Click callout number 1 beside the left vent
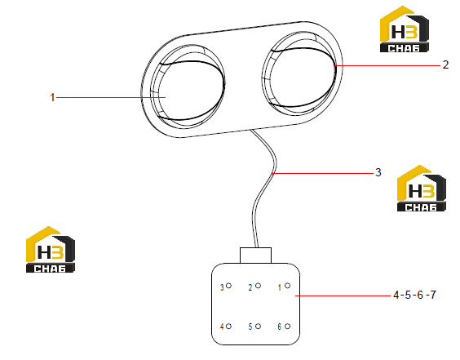(x=52, y=97)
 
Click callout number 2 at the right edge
(x=445, y=64)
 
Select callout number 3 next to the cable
(x=378, y=172)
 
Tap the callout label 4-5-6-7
(x=414, y=295)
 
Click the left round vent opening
(x=188, y=87)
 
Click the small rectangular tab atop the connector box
(x=255, y=256)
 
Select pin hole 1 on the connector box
(x=287, y=286)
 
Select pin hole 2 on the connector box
(x=259, y=286)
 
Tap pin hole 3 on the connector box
(x=229, y=286)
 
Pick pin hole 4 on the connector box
(x=229, y=326)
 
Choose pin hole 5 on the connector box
(x=259, y=326)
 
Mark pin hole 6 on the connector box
(x=287, y=326)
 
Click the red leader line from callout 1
(x=111, y=97)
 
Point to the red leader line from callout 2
(x=388, y=65)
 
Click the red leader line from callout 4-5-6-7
(x=343, y=296)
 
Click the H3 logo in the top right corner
(x=405, y=29)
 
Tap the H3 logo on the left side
(x=51, y=249)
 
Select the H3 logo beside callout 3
(x=422, y=189)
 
